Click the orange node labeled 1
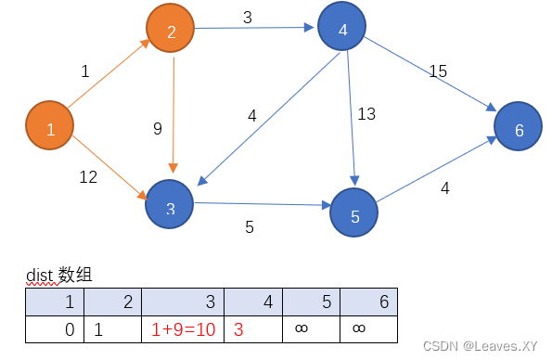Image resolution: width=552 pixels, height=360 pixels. tap(51, 129)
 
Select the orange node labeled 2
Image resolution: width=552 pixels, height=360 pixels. tap(171, 33)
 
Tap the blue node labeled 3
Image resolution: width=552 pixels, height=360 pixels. tap(170, 206)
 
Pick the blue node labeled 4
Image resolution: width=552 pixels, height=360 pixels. tap(342, 30)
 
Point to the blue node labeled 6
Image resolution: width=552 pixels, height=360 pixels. tap(519, 129)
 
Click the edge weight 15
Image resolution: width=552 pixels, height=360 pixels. tap(438, 71)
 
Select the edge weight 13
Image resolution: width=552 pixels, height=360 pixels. tap(366, 113)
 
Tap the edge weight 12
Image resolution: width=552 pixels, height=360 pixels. tap(88, 176)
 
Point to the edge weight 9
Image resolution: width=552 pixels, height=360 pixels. tap(157, 129)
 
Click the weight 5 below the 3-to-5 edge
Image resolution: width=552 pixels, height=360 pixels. tap(250, 226)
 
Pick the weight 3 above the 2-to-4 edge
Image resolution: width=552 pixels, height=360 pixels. tap(248, 17)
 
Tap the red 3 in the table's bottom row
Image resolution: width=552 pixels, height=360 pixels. tap(238, 328)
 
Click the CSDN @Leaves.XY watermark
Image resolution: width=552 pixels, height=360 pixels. tap(480, 346)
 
